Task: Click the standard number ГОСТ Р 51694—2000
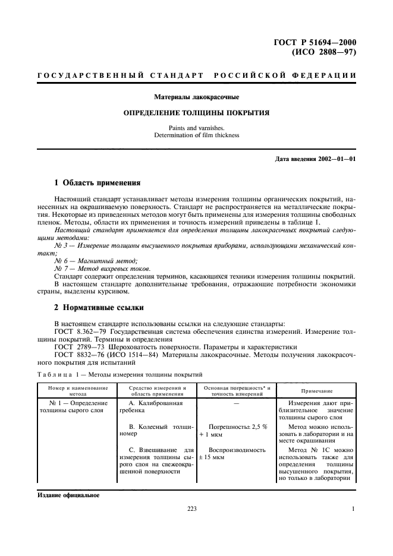tap(318, 42)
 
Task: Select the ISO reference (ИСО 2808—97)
tap(323, 52)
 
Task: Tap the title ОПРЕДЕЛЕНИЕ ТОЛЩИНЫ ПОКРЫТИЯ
tap(196, 112)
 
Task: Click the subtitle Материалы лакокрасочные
tap(196, 96)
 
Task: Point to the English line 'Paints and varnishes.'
tap(196, 127)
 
